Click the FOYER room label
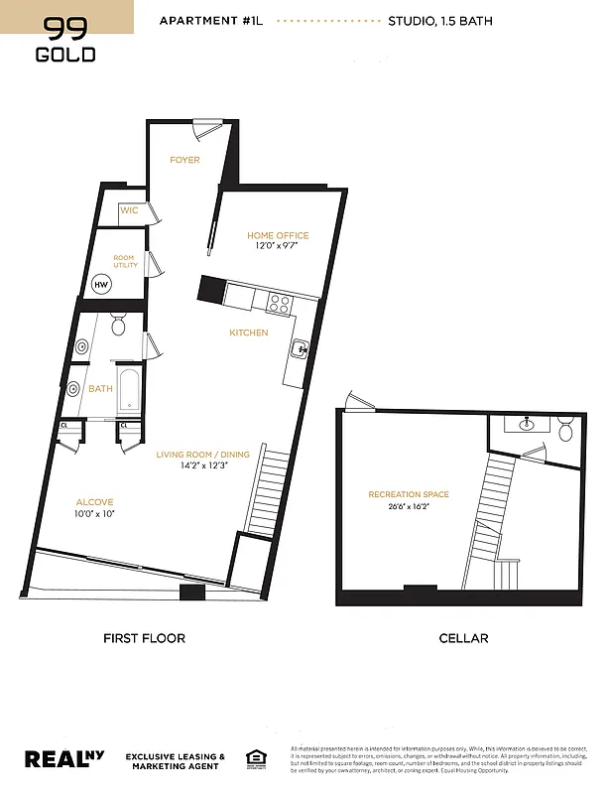(x=184, y=160)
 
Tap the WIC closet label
(x=129, y=210)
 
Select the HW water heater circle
(x=101, y=284)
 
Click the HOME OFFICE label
(x=278, y=235)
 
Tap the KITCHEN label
(x=249, y=332)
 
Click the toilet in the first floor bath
(x=119, y=325)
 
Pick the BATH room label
(x=100, y=389)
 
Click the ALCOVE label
(x=94, y=502)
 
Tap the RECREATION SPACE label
(x=409, y=494)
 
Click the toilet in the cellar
(x=565, y=430)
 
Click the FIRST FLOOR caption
(x=144, y=638)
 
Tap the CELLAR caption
(x=463, y=638)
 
